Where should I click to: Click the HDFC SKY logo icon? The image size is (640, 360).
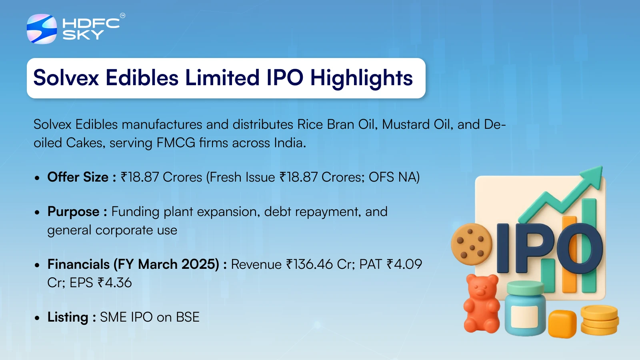42,29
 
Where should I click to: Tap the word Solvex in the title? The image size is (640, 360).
66,78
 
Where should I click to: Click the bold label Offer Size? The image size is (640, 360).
78,177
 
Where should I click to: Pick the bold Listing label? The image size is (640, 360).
68,318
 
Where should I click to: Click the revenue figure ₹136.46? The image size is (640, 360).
310,264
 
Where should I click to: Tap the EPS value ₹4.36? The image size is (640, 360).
114,282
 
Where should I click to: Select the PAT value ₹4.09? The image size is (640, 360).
404,264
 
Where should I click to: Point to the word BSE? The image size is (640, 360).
188,317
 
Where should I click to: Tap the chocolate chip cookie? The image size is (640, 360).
472,244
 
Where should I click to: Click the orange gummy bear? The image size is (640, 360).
482,304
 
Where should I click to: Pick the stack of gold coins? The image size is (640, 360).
600,320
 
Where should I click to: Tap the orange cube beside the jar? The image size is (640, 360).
562,324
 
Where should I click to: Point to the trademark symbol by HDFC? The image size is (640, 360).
122,16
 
